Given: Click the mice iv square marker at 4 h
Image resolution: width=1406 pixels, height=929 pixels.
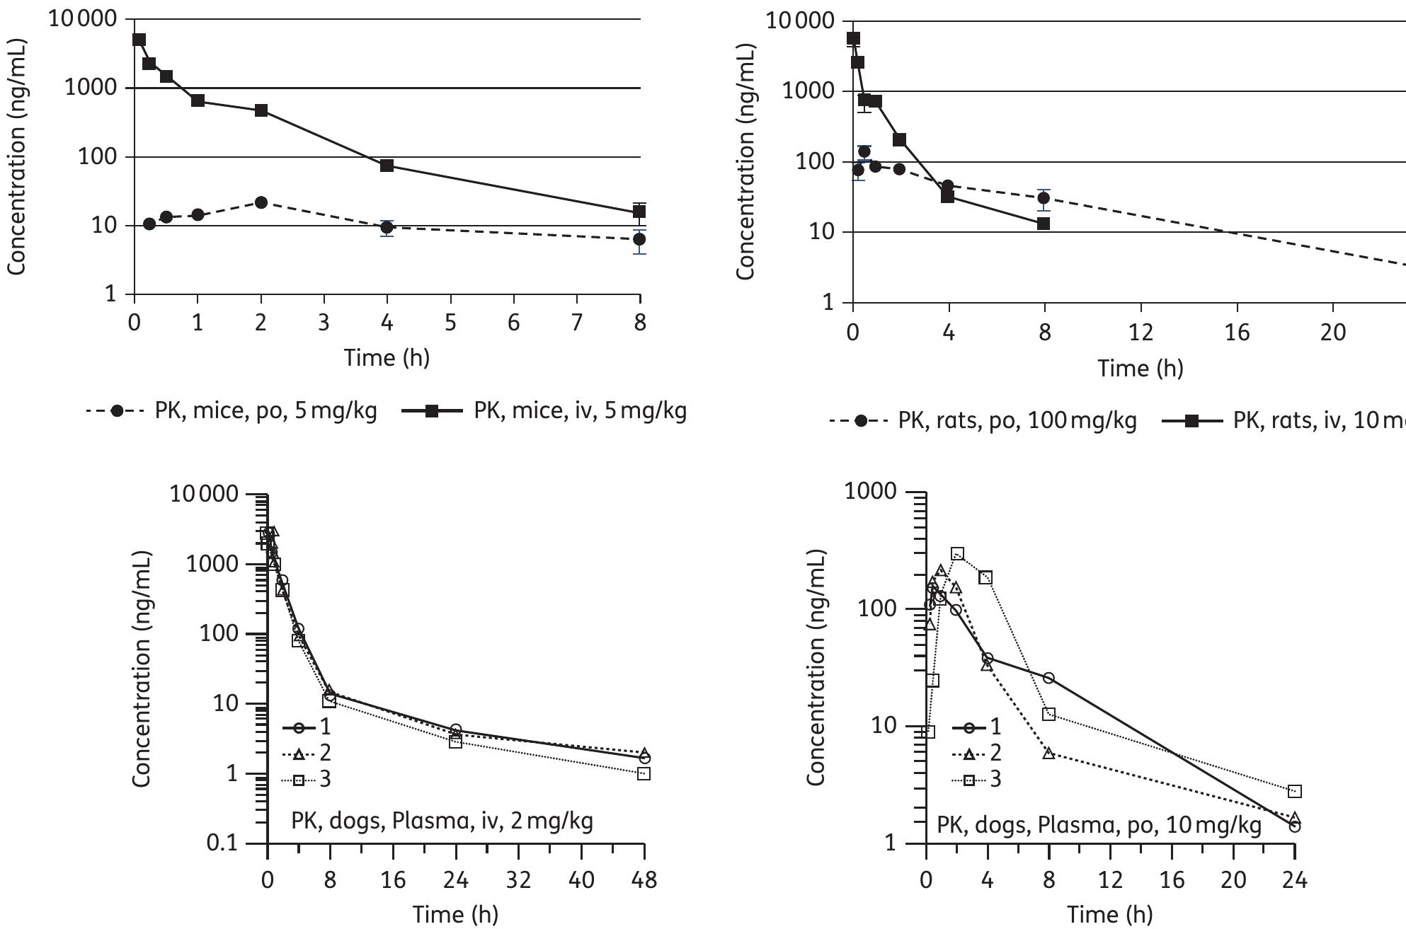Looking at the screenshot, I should coord(387,166).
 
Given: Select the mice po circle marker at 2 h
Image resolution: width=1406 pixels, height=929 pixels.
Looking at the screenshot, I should coord(261,202).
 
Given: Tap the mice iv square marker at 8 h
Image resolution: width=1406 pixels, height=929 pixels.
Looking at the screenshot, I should coord(639,211).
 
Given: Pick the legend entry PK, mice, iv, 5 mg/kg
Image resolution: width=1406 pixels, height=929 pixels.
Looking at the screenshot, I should coord(545,410).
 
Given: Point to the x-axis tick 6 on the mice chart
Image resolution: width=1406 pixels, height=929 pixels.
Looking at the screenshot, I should coord(513,323).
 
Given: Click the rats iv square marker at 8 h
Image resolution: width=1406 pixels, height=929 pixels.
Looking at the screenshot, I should coord(1044,224).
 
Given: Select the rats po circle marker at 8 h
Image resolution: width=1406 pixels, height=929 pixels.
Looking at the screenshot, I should coord(1044,197).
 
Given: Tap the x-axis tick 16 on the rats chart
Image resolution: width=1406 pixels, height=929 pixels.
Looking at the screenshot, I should coord(1237,333).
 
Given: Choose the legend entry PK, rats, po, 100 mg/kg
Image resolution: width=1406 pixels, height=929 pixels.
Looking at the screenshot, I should coord(984,420).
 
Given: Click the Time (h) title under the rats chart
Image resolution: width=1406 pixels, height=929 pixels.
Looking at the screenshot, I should coord(1140,368).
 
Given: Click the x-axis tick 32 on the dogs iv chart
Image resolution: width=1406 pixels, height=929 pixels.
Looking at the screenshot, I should coord(519,880).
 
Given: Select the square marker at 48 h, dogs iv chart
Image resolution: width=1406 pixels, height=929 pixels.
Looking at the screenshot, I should coord(644,774).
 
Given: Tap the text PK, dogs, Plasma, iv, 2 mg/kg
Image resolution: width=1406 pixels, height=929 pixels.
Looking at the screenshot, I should coord(442,821).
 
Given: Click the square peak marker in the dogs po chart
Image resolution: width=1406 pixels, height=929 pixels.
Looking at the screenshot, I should coord(957,553).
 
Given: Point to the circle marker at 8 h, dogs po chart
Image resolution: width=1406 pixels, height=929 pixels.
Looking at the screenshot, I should coord(1048,678).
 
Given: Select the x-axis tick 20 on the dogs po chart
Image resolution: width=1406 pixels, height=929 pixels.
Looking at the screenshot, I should coord(1233,880).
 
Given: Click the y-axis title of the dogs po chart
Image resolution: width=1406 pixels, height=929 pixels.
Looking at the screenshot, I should coord(816,667).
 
